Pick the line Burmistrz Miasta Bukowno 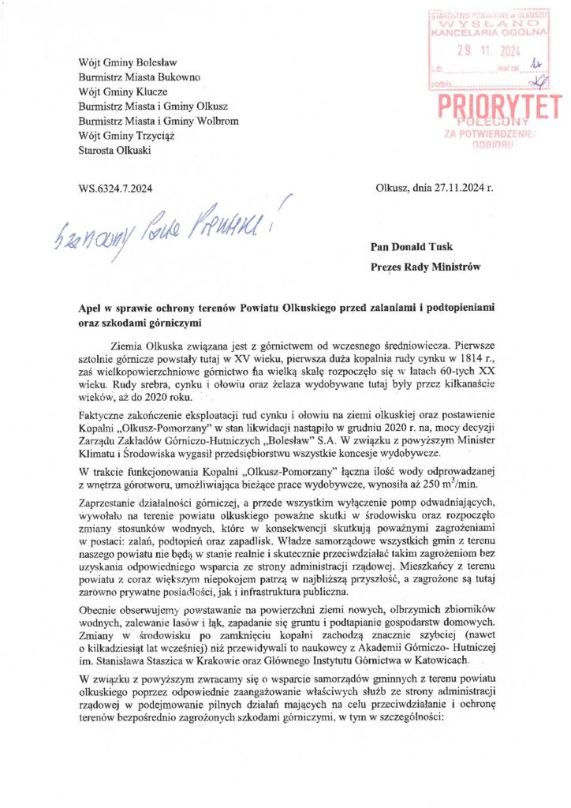[x=139, y=77]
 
